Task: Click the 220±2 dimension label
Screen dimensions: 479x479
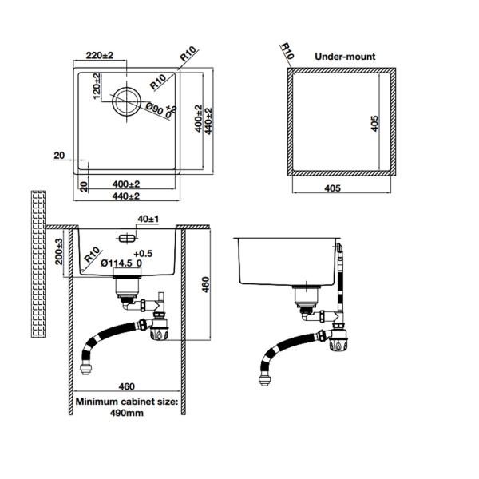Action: (x=100, y=56)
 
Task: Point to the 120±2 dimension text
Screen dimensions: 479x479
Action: (x=97, y=87)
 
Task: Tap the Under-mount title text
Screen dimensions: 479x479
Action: (x=345, y=57)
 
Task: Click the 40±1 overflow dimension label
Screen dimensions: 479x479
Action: (x=149, y=219)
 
